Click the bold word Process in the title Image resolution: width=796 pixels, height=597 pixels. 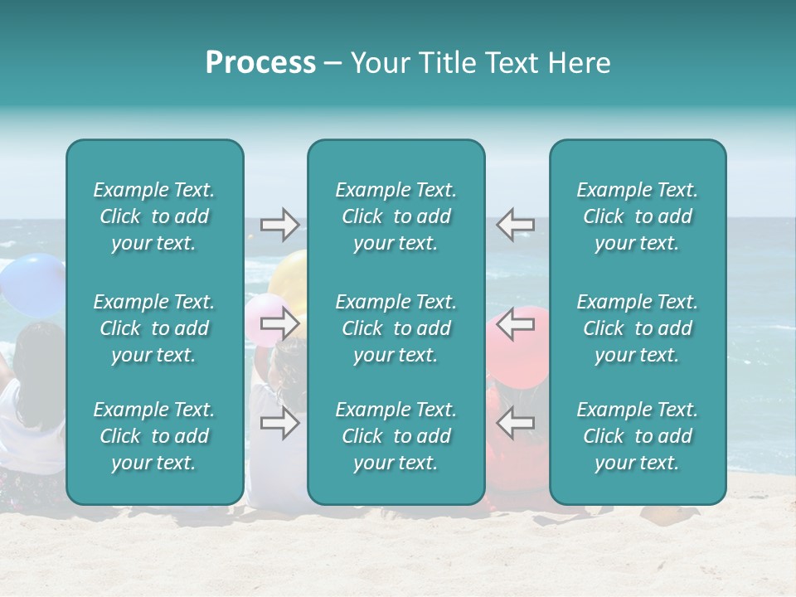pyautogui.click(x=260, y=63)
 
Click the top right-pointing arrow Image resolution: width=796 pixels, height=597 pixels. pyautogui.click(x=279, y=225)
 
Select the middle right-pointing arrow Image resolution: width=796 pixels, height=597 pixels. pyautogui.click(x=279, y=324)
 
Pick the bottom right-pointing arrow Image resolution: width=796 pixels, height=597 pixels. pyautogui.click(x=279, y=423)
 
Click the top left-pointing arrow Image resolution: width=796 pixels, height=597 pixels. pyautogui.click(x=515, y=225)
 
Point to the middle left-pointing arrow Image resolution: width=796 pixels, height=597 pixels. pyautogui.click(x=515, y=324)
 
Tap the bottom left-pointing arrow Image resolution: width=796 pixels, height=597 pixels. pyautogui.click(x=515, y=423)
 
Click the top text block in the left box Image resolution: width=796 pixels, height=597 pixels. pyautogui.click(x=154, y=216)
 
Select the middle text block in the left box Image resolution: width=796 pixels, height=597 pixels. pyautogui.click(x=154, y=328)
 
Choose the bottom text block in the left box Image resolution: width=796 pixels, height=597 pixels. pyautogui.click(x=154, y=436)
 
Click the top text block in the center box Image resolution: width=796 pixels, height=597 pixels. pyautogui.click(x=396, y=216)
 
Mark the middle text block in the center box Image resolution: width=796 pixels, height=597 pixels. pyautogui.click(x=396, y=328)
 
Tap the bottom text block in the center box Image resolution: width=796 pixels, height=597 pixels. pyautogui.click(x=396, y=436)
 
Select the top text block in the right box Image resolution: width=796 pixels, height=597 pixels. pyautogui.click(x=638, y=216)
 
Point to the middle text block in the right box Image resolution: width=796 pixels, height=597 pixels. pyautogui.click(x=638, y=328)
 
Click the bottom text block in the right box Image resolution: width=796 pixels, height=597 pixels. pyautogui.click(x=638, y=436)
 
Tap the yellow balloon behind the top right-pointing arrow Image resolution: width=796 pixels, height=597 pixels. pyautogui.click(x=290, y=274)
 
